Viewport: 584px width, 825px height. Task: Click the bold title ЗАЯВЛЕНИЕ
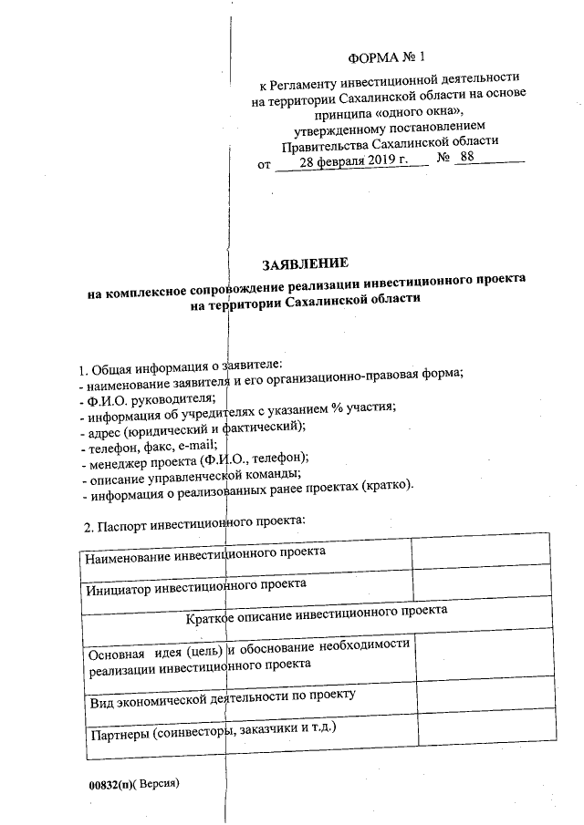click(x=306, y=264)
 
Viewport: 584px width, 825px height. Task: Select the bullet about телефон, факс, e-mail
click(x=149, y=445)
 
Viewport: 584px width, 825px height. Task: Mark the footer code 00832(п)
click(x=108, y=785)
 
